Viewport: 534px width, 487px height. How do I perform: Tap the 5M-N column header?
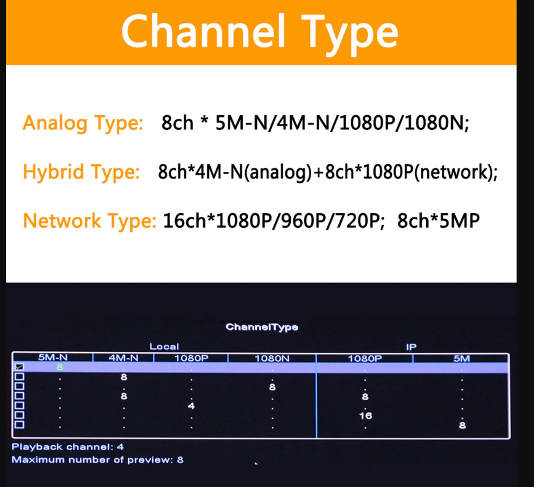pos(52,358)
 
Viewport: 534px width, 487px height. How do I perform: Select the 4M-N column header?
pos(123,358)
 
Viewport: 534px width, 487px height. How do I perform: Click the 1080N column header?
pos(272,358)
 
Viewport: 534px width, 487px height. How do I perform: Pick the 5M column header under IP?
pos(462,358)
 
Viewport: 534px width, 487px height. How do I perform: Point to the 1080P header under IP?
pos(365,358)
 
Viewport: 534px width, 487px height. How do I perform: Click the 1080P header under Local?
pos(191,358)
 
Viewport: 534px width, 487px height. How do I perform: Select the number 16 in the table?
pos(365,415)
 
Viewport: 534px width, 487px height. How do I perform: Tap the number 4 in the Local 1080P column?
pos(191,406)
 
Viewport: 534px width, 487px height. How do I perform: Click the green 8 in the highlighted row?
pos(60,367)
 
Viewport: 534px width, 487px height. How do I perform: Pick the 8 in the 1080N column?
pos(272,387)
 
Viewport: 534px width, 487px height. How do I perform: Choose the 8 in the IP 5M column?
pos(462,425)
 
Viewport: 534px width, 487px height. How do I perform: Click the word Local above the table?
pos(164,347)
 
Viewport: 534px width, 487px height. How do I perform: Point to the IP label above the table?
pos(411,347)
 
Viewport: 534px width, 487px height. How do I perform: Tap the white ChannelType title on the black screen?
pos(262,327)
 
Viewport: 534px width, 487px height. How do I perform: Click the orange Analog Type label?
pos(83,123)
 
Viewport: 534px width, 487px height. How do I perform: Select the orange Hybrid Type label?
pos(81,172)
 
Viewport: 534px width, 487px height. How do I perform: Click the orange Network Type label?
pos(89,221)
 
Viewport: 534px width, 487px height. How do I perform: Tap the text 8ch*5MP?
pos(438,221)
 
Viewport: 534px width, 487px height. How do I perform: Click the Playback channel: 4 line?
pos(68,447)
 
